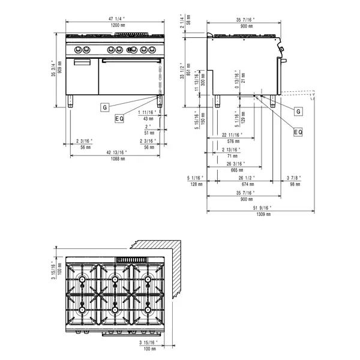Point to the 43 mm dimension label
click(148, 119)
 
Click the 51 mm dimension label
click(148, 133)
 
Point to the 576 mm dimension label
click(231, 142)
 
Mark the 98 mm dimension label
click(292, 185)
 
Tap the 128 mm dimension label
click(196, 185)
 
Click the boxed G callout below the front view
click(104, 107)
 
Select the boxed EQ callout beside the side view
click(298, 131)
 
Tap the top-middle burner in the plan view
click(113, 279)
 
